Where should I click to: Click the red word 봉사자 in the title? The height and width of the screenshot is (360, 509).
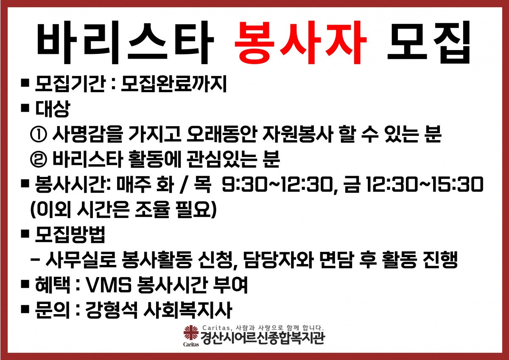[300, 42]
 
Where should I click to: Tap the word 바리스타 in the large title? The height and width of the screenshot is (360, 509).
[125, 42]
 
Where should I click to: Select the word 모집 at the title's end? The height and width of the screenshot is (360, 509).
[429, 42]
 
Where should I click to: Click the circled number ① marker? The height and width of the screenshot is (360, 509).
[39, 134]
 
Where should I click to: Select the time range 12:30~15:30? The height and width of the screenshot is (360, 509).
[425, 184]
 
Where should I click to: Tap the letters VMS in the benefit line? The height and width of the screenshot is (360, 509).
[109, 285]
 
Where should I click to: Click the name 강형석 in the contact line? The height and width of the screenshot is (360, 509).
[111, 310]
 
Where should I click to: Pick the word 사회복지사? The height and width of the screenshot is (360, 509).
[187, 310]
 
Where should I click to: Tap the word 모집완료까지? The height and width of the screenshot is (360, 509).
[174, 84]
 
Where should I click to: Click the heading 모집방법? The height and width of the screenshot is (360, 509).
[70, 234]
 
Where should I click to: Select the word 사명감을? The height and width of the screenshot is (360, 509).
[88, 134]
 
